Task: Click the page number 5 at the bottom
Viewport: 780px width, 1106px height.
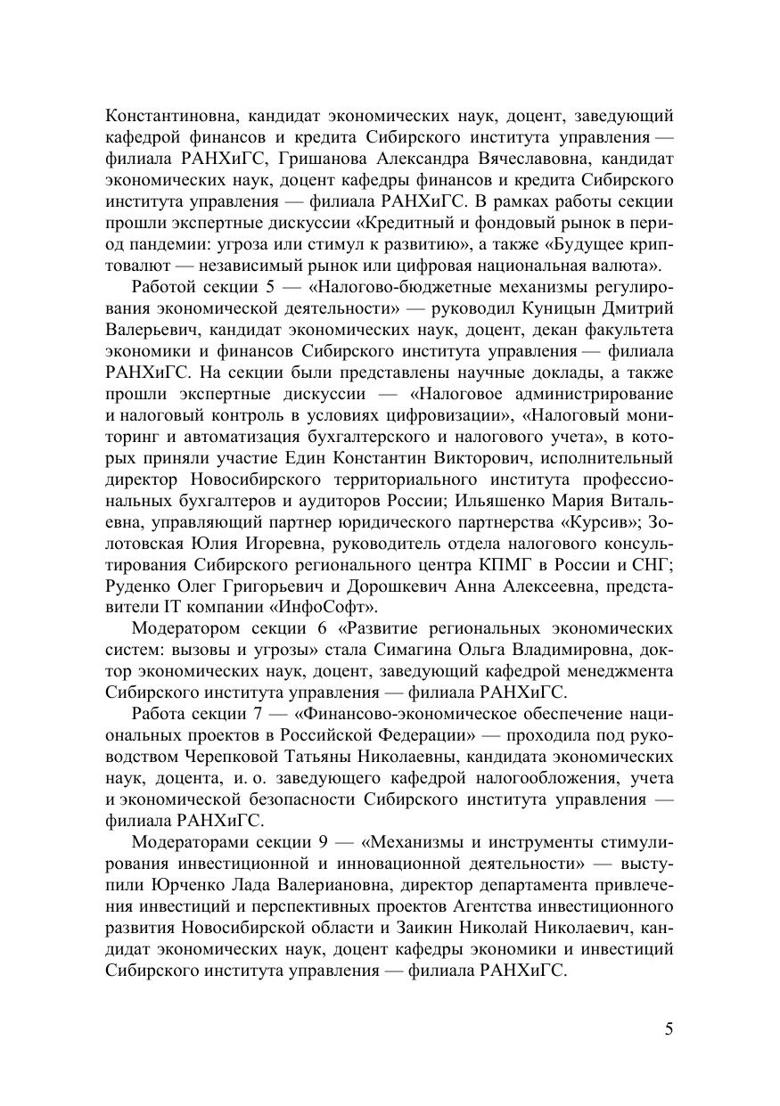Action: click(669, 1030)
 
